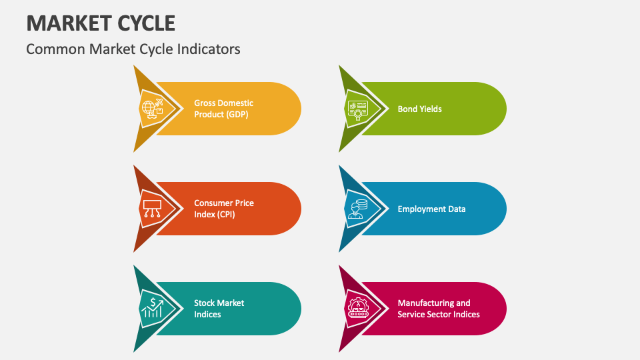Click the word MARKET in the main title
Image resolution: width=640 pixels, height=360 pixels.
64,23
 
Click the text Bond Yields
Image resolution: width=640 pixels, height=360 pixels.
419,109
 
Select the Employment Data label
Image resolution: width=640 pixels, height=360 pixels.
431,209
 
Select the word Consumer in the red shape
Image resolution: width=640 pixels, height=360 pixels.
213,203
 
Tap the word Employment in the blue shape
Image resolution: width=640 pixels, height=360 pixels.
421,209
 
